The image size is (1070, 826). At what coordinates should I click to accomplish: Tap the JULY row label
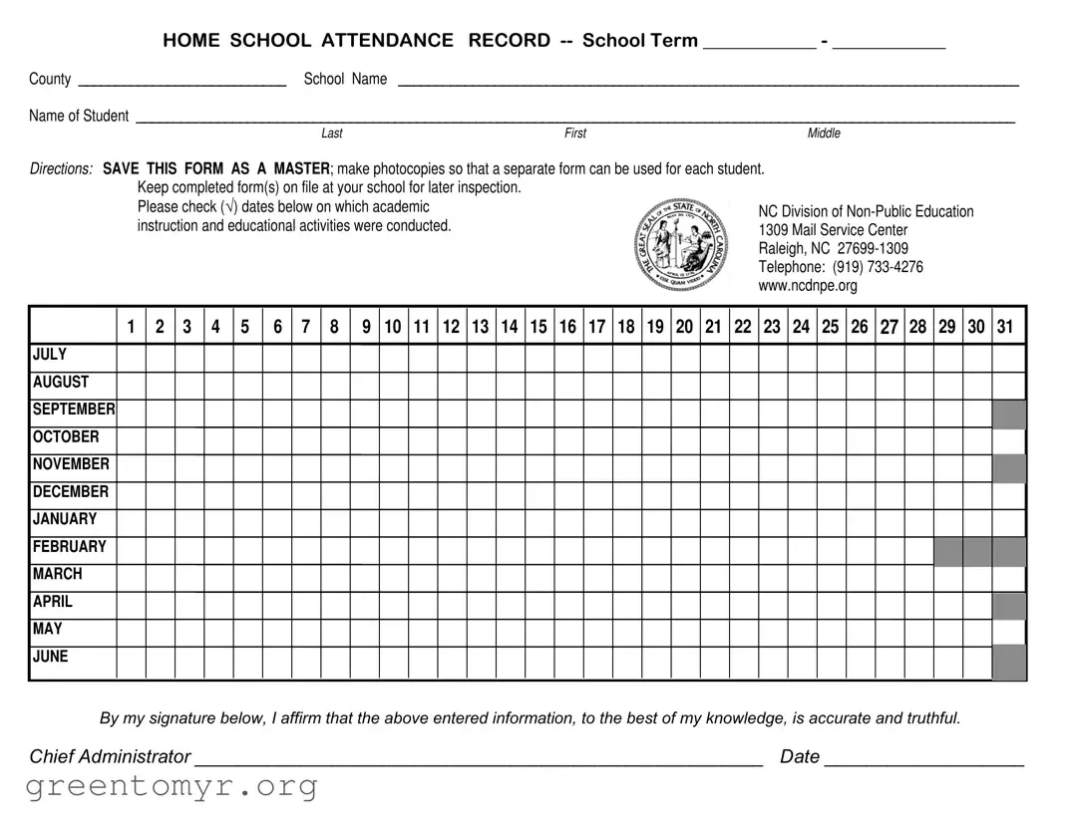click(50, 355)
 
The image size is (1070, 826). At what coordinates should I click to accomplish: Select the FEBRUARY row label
click(69, 547)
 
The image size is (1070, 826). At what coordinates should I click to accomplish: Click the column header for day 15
click(538, 327)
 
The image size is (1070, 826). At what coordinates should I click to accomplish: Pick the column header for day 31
click(1005, 327)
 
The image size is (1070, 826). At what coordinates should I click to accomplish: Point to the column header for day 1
click(131, 327)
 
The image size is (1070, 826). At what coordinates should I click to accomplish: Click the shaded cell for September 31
click(1008, 413)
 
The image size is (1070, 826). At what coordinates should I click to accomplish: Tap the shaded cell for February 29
click(947, 551)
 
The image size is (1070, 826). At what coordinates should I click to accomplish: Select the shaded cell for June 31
click(1008, 662)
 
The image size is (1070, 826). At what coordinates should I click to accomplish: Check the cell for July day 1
click(131, 358)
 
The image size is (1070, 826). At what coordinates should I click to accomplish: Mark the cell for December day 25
click(831, 495)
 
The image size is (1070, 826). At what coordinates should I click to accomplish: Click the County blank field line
click(181, 84)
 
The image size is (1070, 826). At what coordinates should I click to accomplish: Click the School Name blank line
click(708, 84)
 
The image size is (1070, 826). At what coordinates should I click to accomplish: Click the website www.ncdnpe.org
click(807, 286)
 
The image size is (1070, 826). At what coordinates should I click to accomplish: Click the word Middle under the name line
click(824, 134)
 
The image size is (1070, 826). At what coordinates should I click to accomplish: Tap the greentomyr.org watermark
click(172, 787)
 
